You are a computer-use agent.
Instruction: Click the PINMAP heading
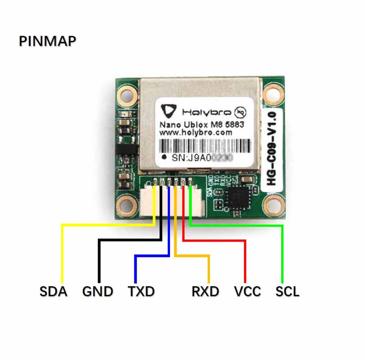pyautogui.click(x=47, y=41)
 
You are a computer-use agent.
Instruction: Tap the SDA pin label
pyautogui.click(x=53, y=291)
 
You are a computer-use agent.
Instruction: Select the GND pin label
pyautogui.click(x=97, y=291)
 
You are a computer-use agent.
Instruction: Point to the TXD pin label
pyautogui.click(x=141, y=291)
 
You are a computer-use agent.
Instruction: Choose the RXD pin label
pyautogui.click(x=205, y=291)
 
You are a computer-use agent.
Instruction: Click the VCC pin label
pyautogui.click(x=247, y=291)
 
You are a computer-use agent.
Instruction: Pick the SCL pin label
pyautogui.click(x=287, y=291)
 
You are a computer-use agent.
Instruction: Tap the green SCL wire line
pyautogui.click(x=282, y=254)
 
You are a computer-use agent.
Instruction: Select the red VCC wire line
pyautogui.click(x=245, y=262)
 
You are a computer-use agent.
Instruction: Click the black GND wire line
pyautogui.click(x=99, y=262)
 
